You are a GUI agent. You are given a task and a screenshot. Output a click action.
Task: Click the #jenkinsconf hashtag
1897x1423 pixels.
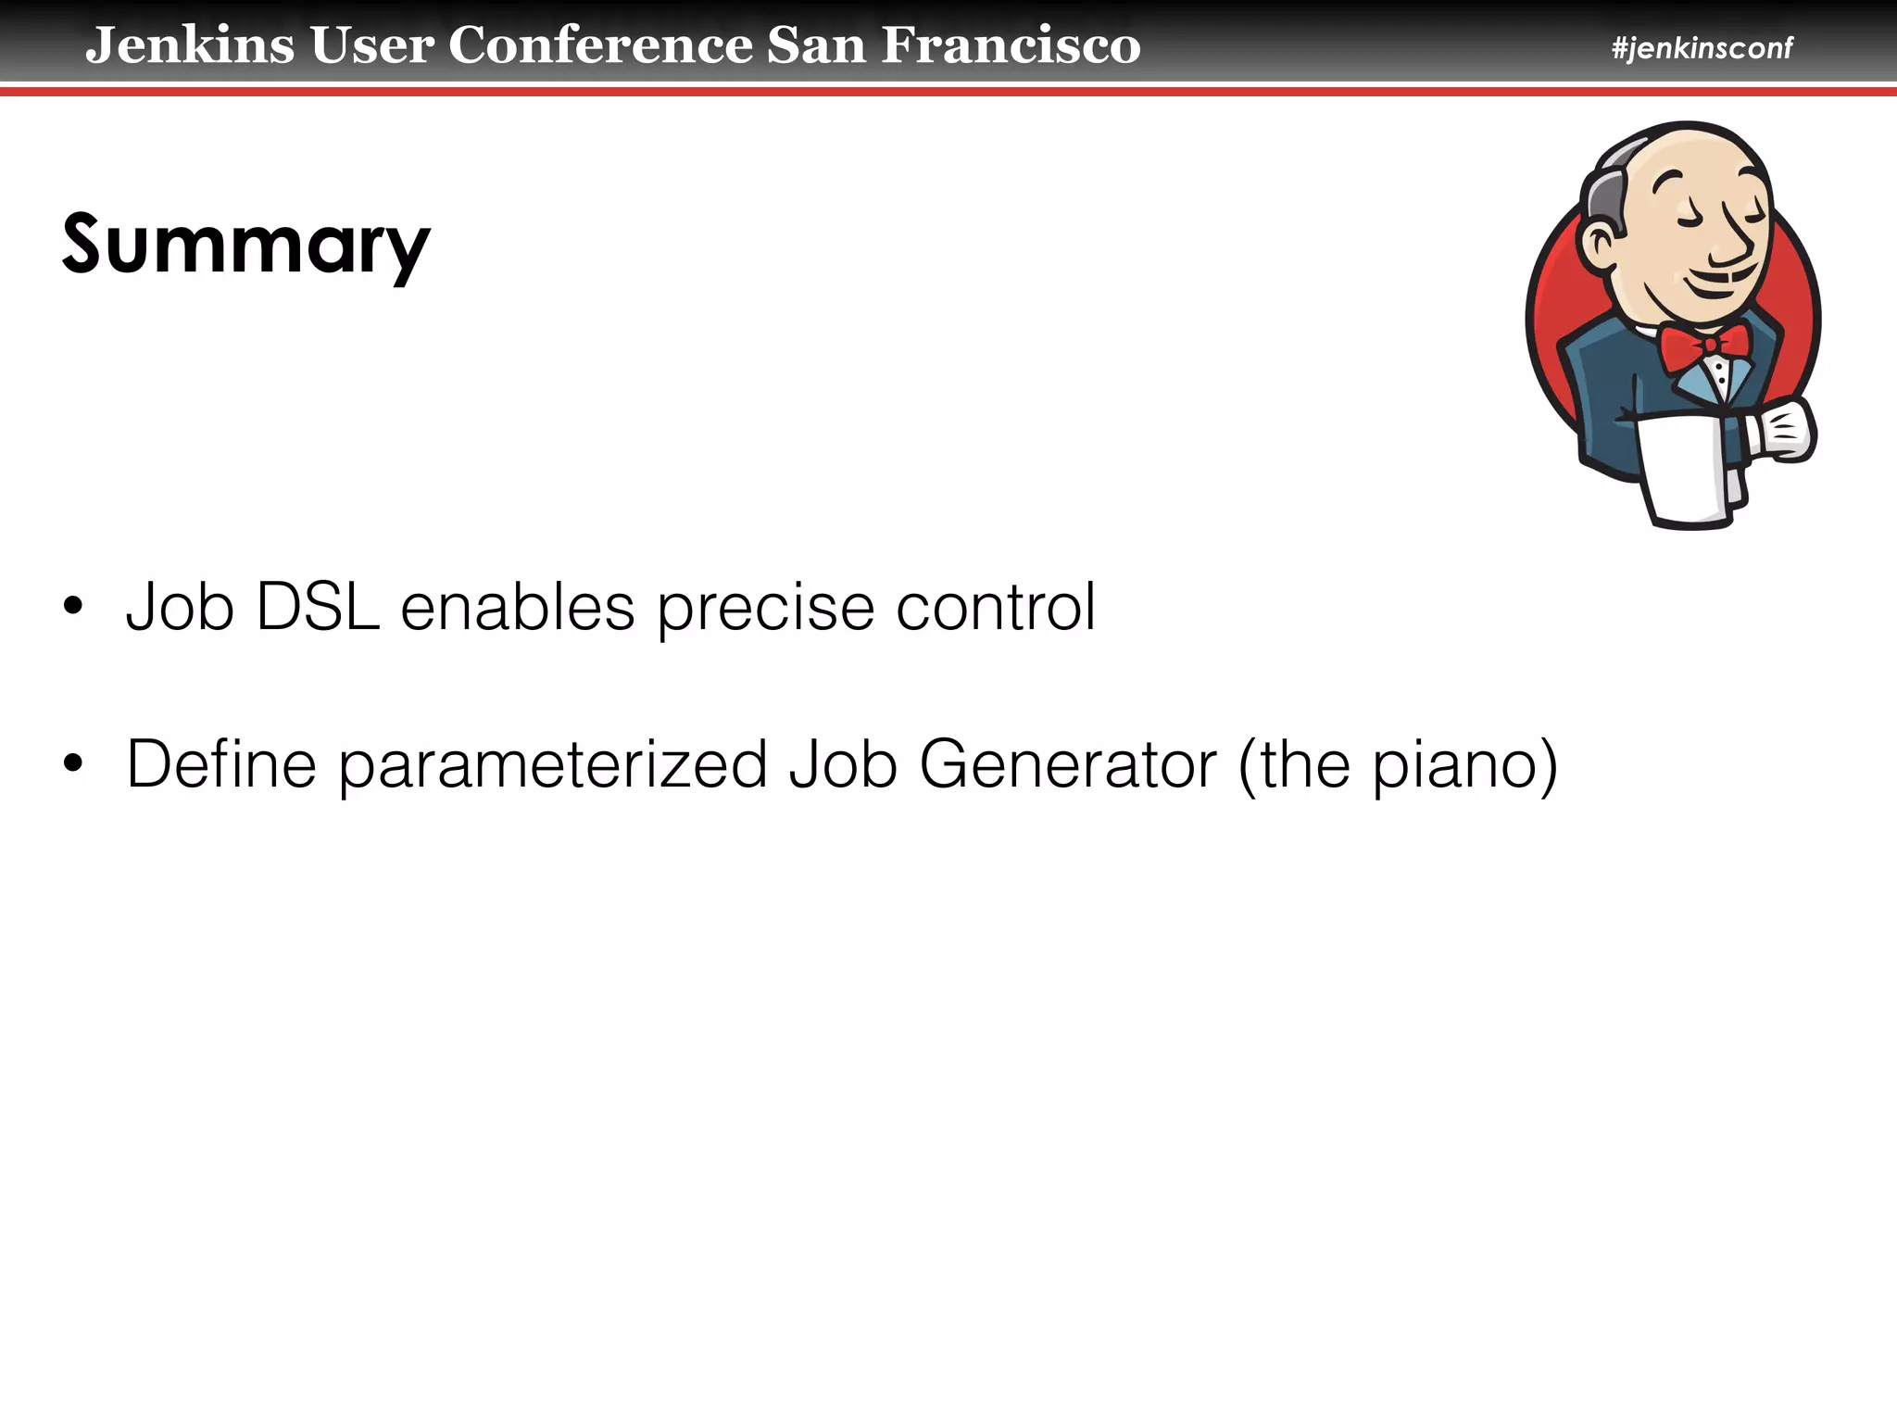1702,47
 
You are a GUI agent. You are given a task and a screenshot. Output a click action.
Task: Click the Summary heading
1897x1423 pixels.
246,245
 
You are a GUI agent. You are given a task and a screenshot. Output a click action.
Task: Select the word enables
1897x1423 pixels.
517,608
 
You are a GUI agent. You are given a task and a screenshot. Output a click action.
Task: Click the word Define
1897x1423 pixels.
221,765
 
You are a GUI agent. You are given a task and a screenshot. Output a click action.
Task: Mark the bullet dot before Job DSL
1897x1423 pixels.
73,608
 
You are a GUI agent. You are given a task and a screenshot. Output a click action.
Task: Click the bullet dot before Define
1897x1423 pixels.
73,765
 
